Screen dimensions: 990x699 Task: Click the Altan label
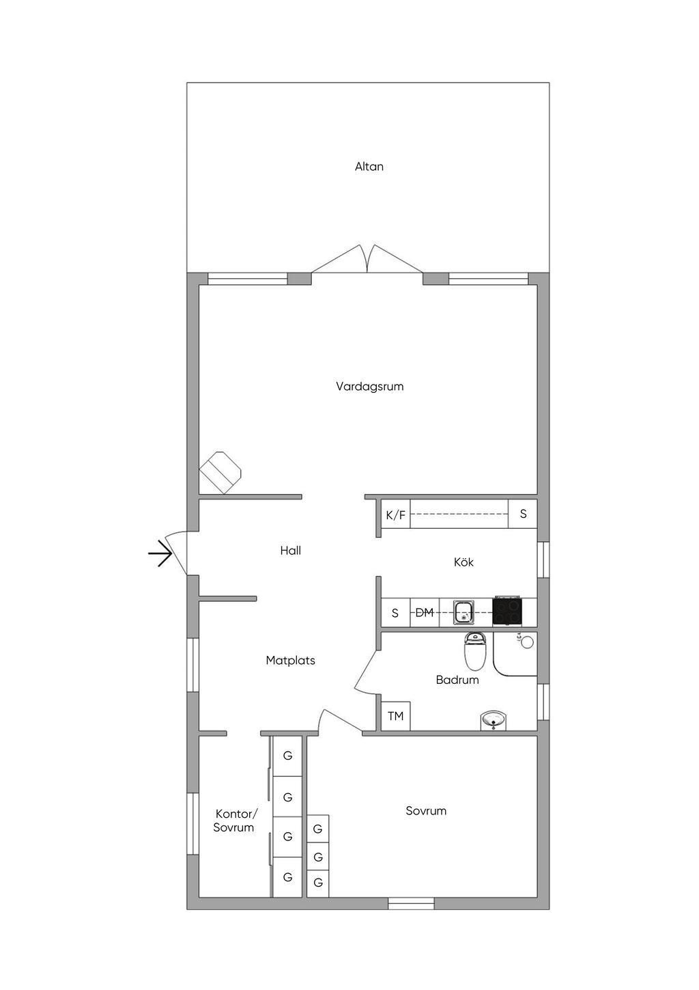[x=369, y=167]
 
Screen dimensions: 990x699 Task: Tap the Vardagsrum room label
[x=369, y=387]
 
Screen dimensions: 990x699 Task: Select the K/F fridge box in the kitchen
[x=395, y=515]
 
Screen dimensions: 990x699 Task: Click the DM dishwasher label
[x=425, y=613]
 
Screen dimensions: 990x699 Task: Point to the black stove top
[x=507, y=611]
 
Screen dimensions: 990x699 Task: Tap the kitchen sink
[x=464, y=612]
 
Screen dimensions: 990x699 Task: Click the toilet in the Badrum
[x=474, y=651]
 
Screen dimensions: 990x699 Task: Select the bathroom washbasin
[x=494, y=720]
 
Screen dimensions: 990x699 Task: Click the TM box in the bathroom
[x=395, y=716]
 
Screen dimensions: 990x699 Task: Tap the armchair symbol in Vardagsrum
[x=220, y=471]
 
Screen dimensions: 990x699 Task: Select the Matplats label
[x=290, y=661]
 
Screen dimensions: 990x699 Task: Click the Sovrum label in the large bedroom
[x=426, y=811]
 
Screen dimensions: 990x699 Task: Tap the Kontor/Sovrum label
[x=234, y=821]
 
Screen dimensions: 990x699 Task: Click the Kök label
[x=463, y=562]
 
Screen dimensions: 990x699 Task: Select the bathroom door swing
[x=367, y=674]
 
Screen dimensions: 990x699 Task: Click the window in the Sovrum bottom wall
[x=411, y=903]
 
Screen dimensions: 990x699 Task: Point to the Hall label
[x=290, y=551]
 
